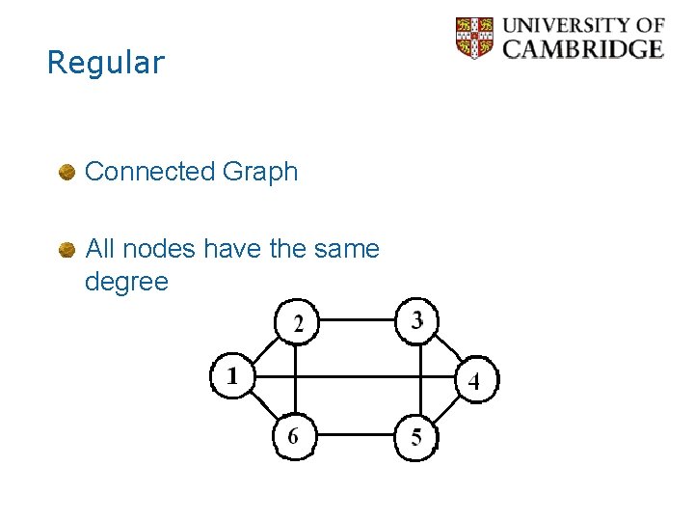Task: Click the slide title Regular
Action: pos(106,63)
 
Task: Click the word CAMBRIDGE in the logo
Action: pos(583,48)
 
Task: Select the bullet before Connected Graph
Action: pos(67,173)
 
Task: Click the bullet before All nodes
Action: pos(67,250)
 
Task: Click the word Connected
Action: pos(149,172)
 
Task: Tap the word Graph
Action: pos(260,172)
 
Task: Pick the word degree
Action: pos(126,282)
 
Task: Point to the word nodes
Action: pos(160,249)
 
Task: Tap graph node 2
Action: pos(298,322)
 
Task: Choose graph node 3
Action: pos(416,319)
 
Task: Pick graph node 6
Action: pos(293,436)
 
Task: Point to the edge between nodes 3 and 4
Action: pos(445,347)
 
